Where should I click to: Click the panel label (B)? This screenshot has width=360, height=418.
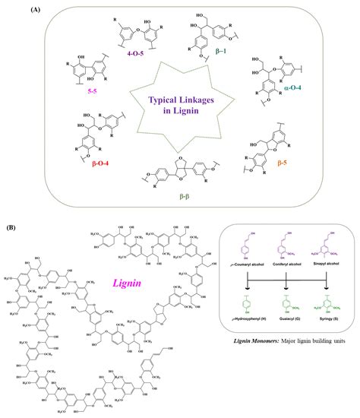(12, 227)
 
